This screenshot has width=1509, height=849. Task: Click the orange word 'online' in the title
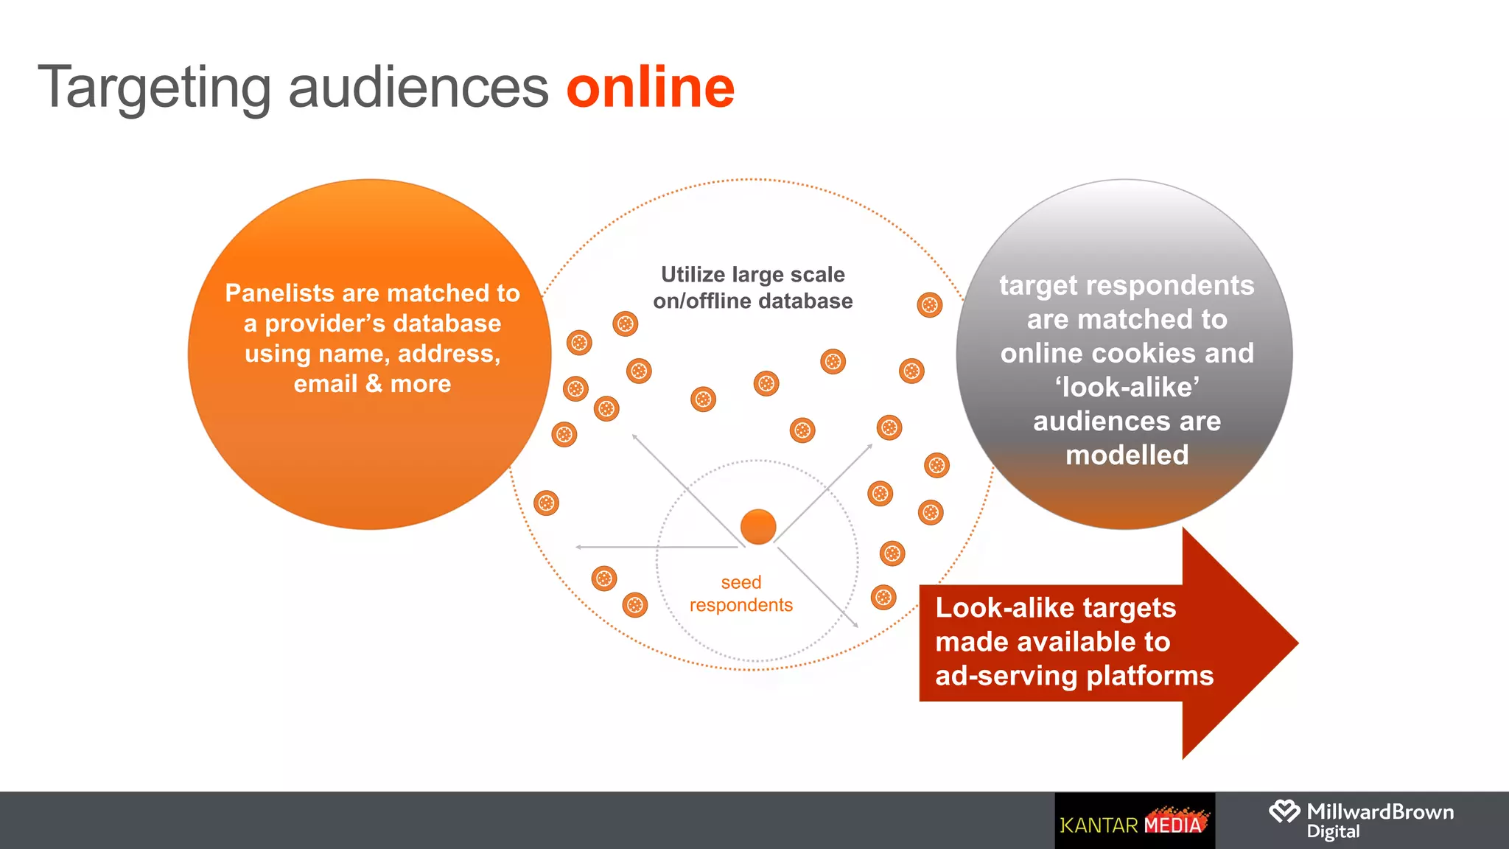(650, 88)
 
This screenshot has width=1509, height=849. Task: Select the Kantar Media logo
(1134, 822)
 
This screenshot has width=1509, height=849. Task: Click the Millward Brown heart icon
(1284, 812)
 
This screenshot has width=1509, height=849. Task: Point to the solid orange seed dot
(758, 527)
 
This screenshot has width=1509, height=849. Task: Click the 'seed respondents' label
(741, 593)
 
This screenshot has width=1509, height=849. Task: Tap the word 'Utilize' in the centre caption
(693, 275)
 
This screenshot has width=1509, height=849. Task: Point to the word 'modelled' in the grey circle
(1127, 455)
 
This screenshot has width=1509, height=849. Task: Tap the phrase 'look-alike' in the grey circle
(1127, 387)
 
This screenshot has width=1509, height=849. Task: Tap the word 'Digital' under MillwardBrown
(1333, 832)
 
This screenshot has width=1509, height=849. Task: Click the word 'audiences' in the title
(418, 88)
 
